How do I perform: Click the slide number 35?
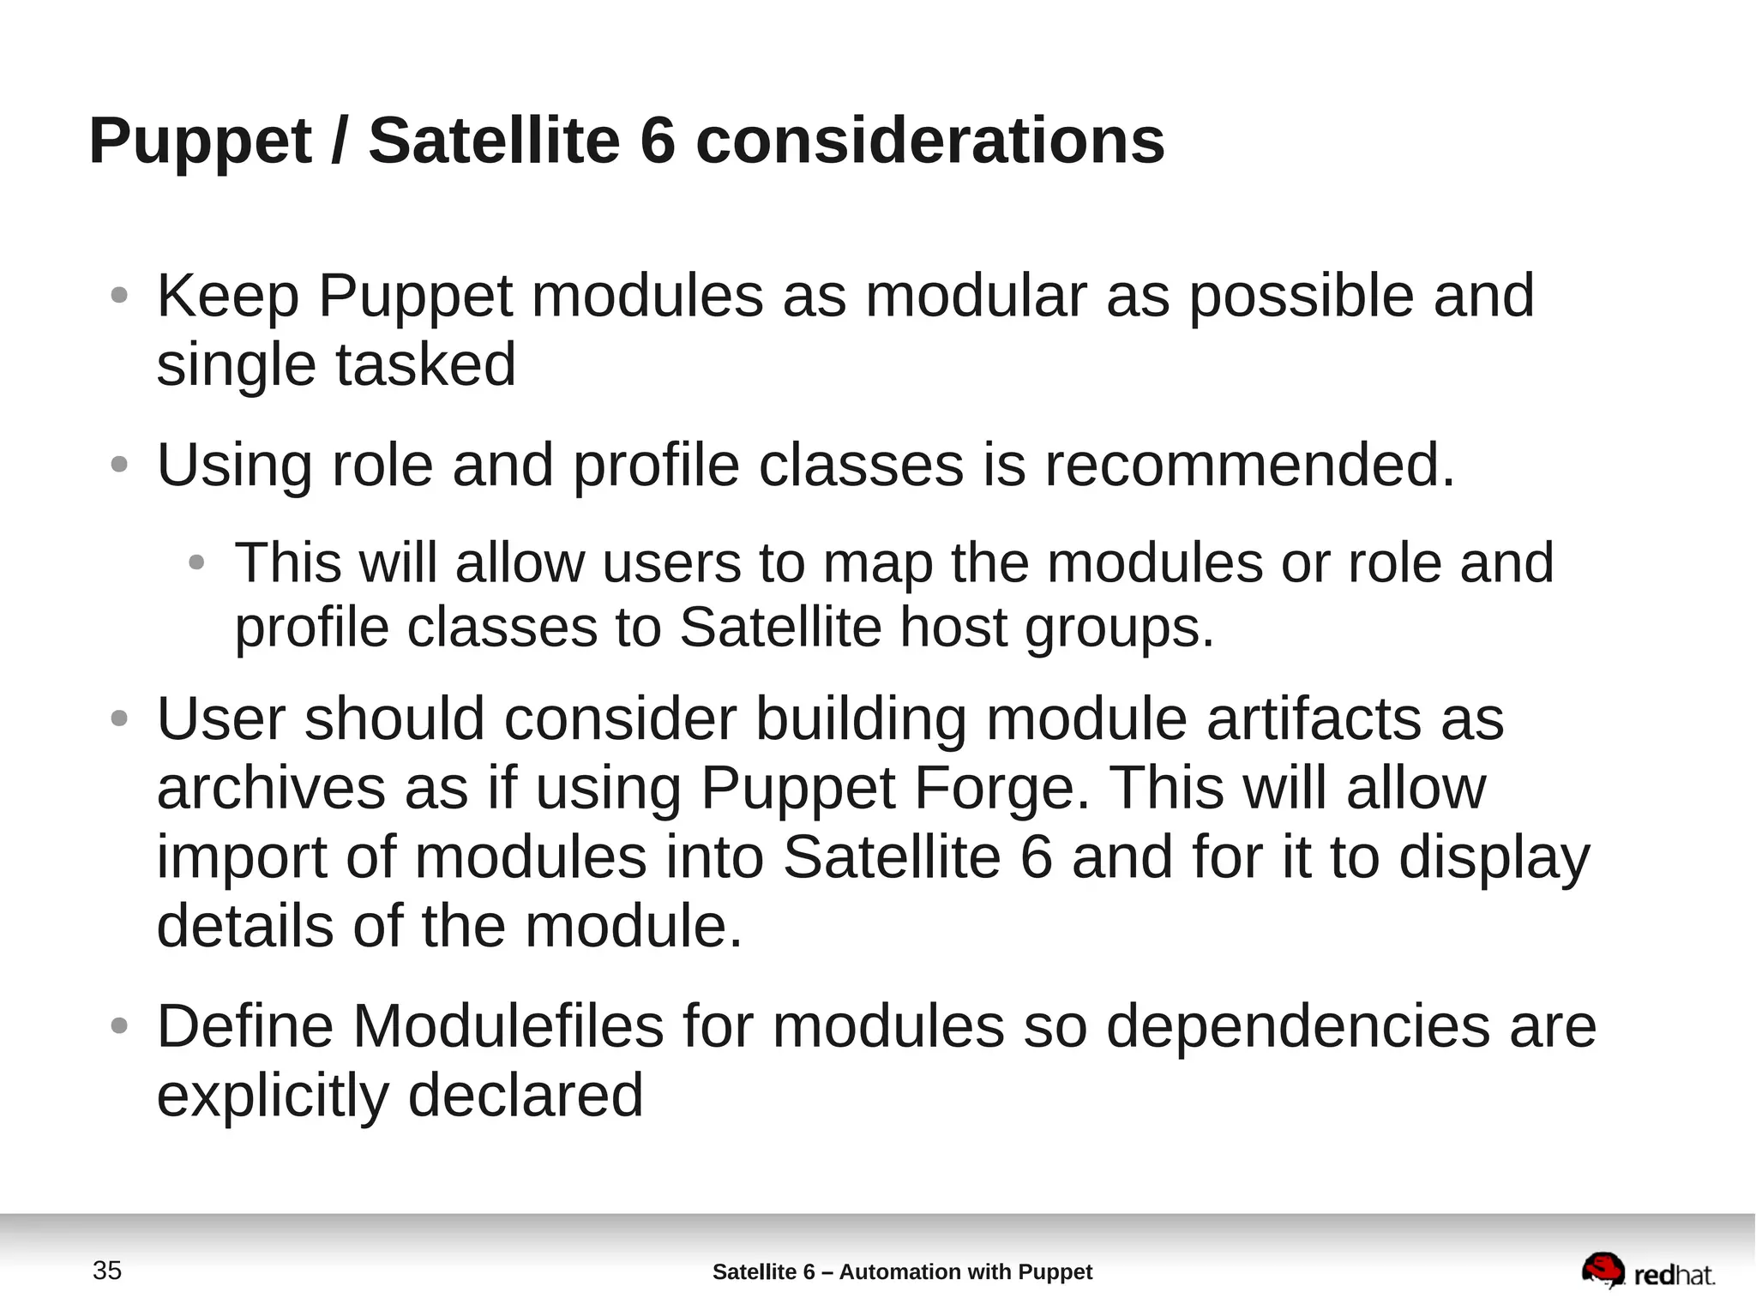coord(107,1271)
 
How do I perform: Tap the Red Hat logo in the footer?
coord(1648,1271)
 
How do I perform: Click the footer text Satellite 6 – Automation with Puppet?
coord(902,1271)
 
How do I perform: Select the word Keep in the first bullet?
coord(227,296)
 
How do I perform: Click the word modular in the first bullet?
coord(975,296)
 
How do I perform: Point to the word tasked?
coord(425,365)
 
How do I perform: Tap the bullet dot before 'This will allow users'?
coord(196,563)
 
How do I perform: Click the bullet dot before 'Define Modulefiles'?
coord(119,1025)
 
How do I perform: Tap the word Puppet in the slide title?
coord(200,141)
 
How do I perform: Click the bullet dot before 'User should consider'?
coord(119,718)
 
